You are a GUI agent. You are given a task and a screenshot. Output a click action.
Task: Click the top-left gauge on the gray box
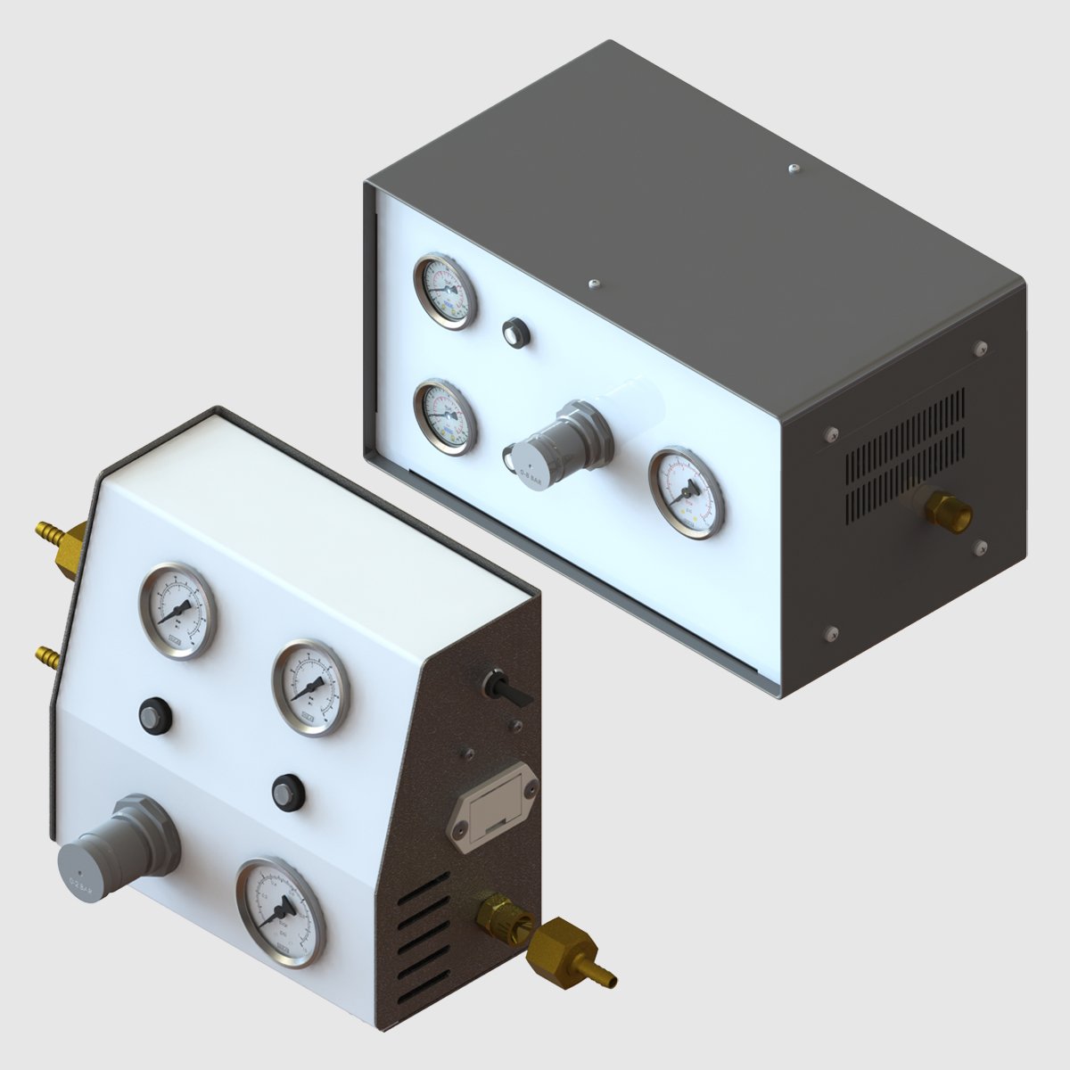(x=445, y=292)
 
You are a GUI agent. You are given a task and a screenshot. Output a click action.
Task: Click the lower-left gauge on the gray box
(x=445, y=416)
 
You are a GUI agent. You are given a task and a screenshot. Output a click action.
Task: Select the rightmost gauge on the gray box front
(x=686, y=493)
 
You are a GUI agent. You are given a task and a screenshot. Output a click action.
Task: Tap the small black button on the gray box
(x=515, y=333)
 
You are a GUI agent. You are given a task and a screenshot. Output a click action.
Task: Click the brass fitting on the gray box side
(x=944, y=510)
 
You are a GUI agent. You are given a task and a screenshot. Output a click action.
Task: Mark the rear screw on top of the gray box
(x=793, y=167)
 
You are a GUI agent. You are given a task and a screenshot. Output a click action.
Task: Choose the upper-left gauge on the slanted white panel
(x=178, y=611)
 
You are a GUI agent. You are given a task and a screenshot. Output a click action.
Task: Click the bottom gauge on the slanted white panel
(x=280, y=911)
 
